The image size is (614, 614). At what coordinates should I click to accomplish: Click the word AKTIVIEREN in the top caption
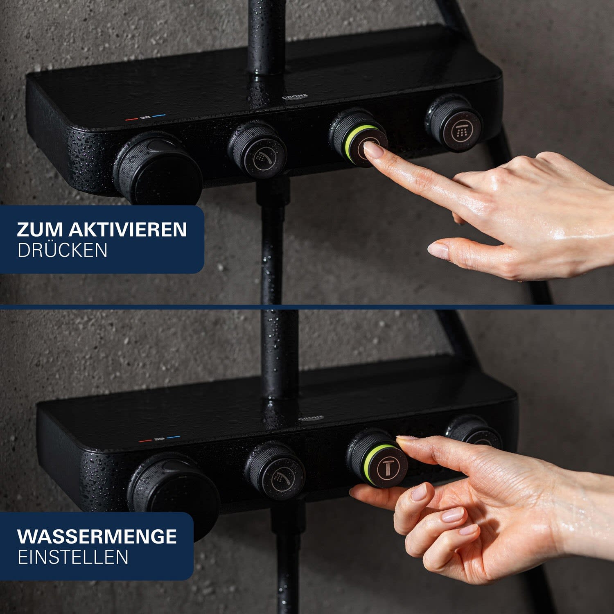[128, 230]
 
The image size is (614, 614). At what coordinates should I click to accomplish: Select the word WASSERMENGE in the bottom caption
[97, 536]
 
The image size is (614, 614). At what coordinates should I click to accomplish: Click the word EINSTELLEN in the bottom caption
[73, 557]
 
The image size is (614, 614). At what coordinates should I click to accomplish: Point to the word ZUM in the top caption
[40, 230]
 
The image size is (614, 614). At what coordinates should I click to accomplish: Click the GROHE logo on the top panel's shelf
[295, 97]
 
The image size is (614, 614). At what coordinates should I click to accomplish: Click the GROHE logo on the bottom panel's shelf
[311, 418]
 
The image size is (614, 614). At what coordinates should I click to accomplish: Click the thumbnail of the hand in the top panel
[438, 250]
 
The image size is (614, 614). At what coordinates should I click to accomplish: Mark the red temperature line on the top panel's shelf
[132, 119]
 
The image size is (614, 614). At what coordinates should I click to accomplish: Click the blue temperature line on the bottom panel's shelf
[174, 437]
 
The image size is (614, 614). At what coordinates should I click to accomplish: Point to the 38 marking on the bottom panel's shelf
[160, 439]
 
